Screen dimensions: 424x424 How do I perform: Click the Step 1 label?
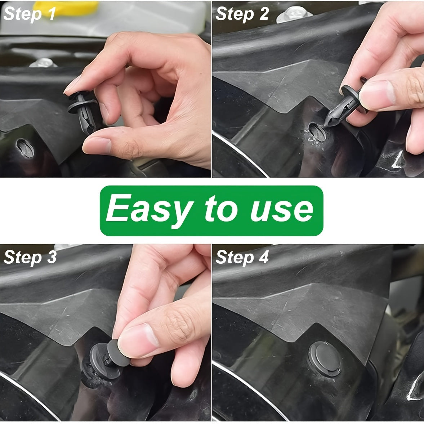click(x=30, y=14)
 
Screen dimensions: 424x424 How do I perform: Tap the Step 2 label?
click(x=242, y=14)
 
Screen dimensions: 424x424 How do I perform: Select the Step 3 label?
click(x=30, y=258)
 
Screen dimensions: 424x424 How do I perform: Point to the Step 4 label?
click(x=242, y=258)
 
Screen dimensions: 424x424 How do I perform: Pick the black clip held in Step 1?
click(x=84, y=112)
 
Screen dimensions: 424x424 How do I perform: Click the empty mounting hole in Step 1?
click(x=24, y=148)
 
